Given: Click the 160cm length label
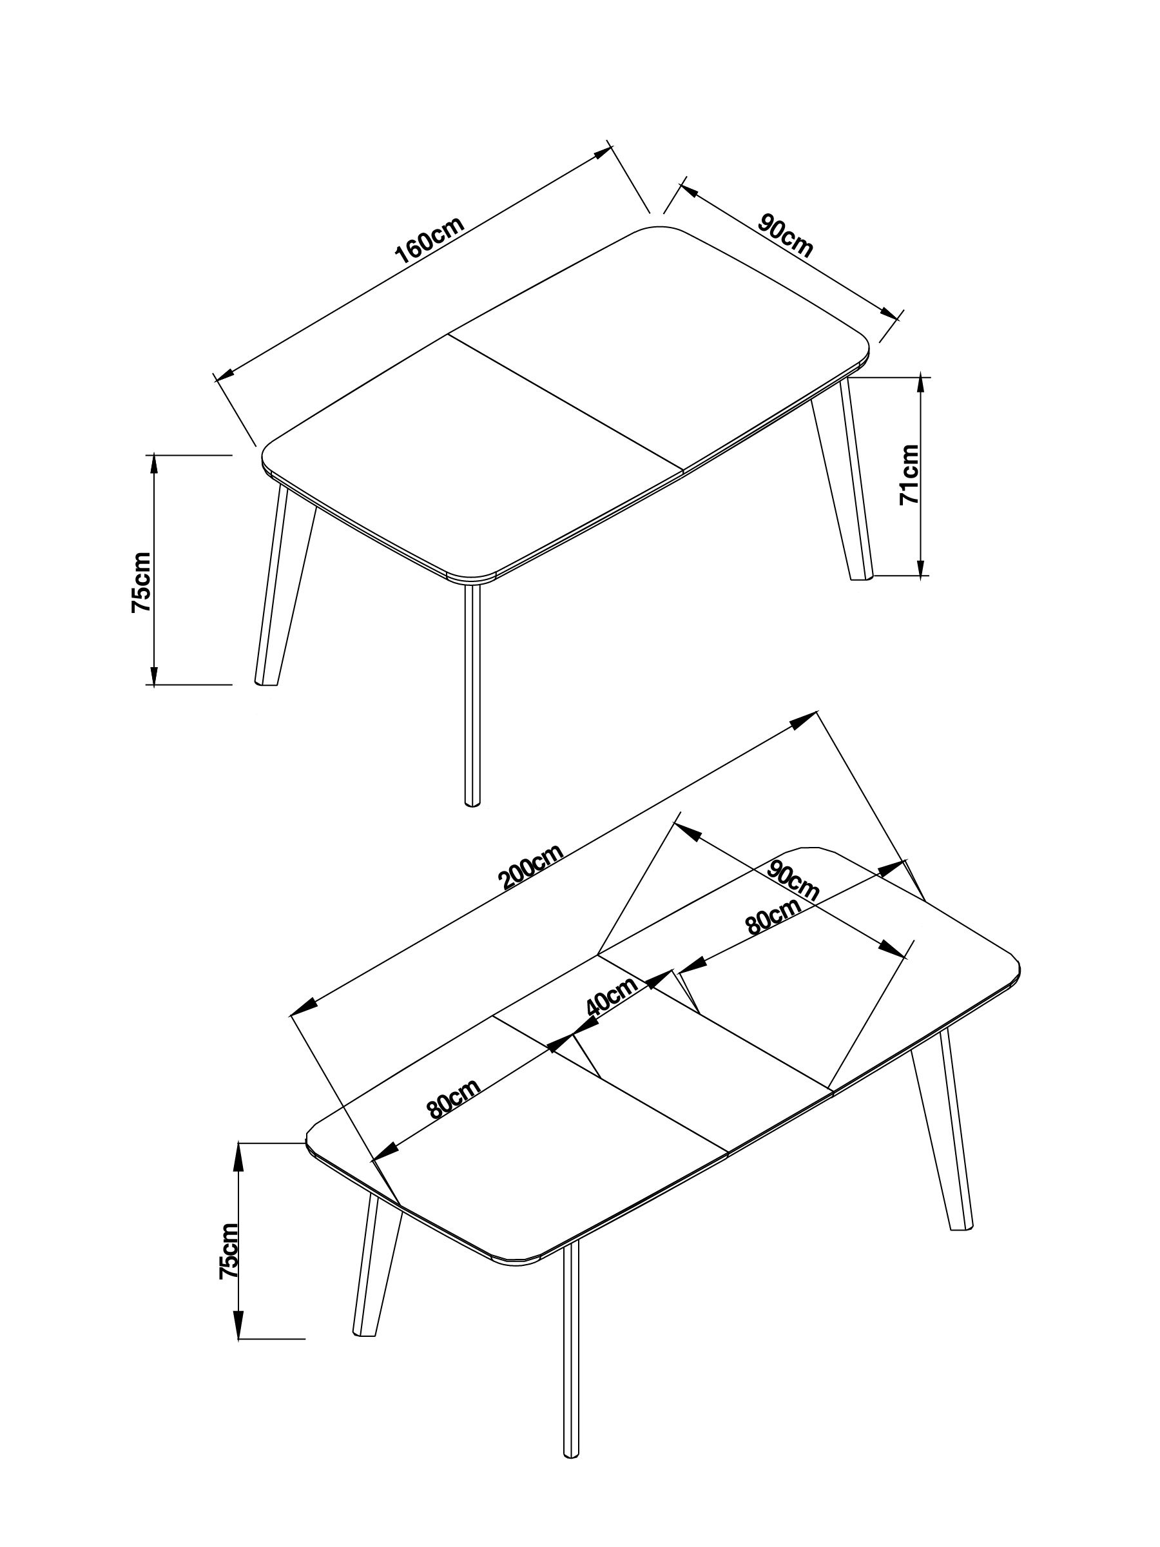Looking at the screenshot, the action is pos(429,240).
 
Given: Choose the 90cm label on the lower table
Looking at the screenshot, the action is pos(792,879).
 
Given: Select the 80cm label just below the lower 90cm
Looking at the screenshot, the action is pos(773,916).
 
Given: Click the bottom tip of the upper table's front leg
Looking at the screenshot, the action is pos(474,805).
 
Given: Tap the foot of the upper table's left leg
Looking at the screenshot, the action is pos(266,681).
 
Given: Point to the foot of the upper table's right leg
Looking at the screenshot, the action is pos(862,578).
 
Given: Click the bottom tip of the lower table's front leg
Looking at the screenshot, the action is pos(571,1490).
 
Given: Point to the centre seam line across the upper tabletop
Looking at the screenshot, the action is pos(565,402).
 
